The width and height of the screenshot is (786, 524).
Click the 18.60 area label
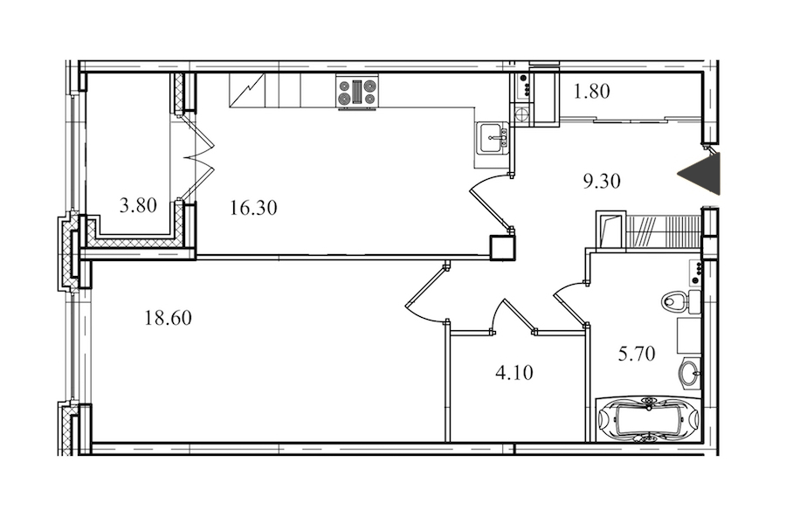pyautogui.click(x=168, y=318)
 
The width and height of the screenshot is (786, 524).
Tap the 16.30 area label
pyautogui.click(x=253, y=207)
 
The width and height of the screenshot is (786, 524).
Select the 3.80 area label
pyautogui.click(x=138, y=205)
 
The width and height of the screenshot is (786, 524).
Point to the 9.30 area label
pyautogui.click(x=602, y=181)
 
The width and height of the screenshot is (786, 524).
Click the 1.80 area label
pyautogui.click(x=591, y=91)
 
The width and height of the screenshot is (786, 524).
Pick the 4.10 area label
pyautogui.click(x=514, y=373)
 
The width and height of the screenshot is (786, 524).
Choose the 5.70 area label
pyautogui.click(x=637, y=354)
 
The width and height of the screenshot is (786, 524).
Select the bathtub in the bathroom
pyautogui.click(x=649, y=419)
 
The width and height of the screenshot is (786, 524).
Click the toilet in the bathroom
pyautogui.click(x=680, y=301)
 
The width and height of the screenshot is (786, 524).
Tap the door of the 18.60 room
pyautogui.click(x=425, y=293)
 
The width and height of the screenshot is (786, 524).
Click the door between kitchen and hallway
pyautogui.click(x=490, y=202)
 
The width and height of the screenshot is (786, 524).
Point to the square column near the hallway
pyautogui.click(x=502, y=248)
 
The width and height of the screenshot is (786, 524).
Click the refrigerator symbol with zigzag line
pyautogui.click(x=247, y=90)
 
